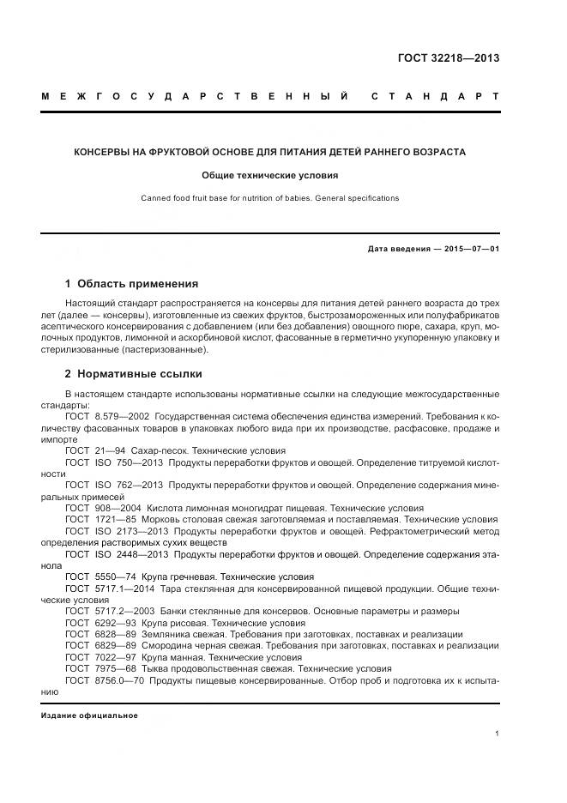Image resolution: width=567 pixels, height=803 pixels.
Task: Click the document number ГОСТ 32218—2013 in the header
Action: pyautogui.click(x=449, y=58)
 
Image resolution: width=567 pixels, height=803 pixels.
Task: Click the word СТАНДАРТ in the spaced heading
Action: pyautogui.click(x=435, y=96)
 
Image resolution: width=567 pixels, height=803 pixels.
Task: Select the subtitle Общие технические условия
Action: pyautogui.click(x=269, y=175)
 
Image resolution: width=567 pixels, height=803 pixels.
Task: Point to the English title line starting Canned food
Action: pyautogui.click(x=269, y=198)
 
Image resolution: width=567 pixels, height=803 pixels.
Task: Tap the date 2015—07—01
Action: pyautogui.click(x=469, y=250)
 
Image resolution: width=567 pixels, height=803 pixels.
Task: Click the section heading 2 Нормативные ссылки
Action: pyautogui.click(x=134, y=374)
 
